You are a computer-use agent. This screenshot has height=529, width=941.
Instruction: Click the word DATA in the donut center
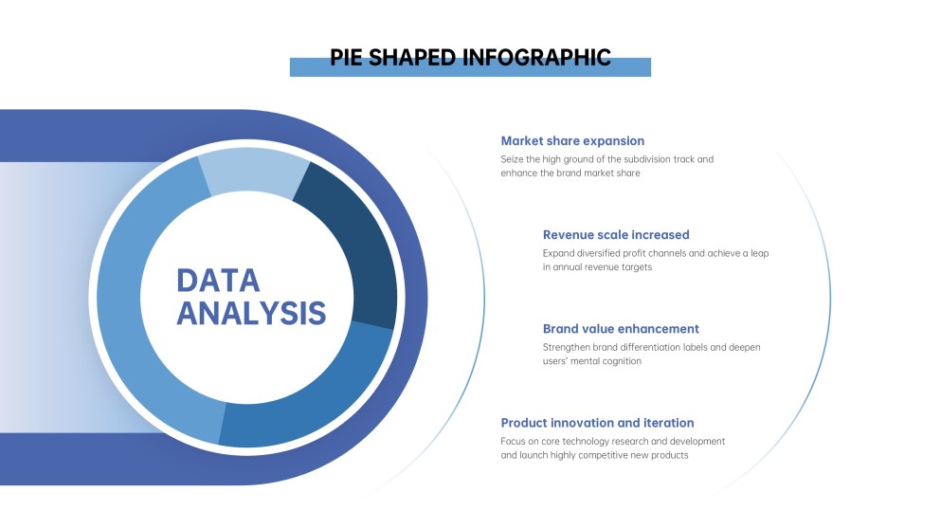click(x=218, y=281)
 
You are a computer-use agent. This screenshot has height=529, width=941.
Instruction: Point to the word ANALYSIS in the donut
click(x=251, y=313)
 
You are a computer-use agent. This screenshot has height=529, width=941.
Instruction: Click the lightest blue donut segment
click(x=253, y=172)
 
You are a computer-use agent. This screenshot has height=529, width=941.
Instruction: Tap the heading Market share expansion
click(x=572, y=141)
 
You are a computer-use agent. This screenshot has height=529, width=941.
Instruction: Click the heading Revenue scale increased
click(x=616, y=235)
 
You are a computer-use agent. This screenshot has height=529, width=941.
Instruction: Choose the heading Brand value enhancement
click(x=621, y=329)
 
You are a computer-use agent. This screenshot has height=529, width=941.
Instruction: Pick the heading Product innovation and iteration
click(x=597, y=423)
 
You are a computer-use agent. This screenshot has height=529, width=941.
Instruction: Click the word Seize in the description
click(x=512, y=159)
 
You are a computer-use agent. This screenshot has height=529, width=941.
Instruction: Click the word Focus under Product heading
click(x=513, y=442)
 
